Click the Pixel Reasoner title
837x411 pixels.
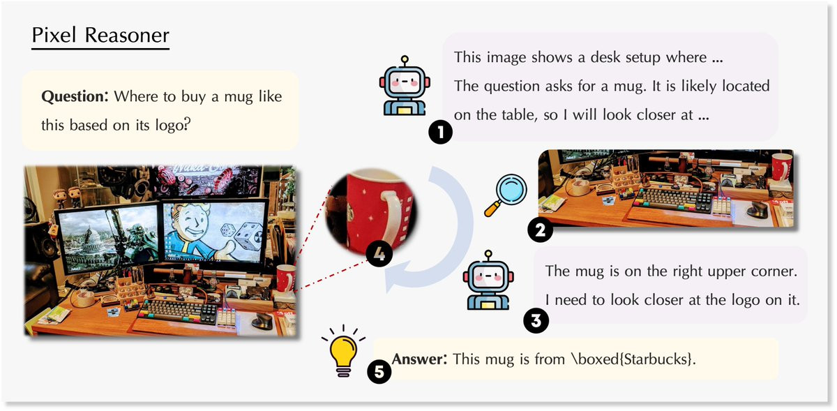pyautogui.click(x=100, y=35)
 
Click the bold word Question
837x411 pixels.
pyautogui.click(x=75, y=96)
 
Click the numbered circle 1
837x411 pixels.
pyautogui.click(x=441, y=132)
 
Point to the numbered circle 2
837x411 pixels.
pyautogui.click(x=540, y=230)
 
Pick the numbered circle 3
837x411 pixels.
pyautogui.click(x=536, y=320)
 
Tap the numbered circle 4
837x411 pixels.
pyautogui.click(x=379, y=254)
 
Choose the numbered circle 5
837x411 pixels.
pyautogui.click(x=379, y=371)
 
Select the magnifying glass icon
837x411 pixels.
pyautogui.click(x=506, y=195)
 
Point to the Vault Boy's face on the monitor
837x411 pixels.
pyautogui.click(x=193, y=223)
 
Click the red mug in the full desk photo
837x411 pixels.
pyautogui.click(x=286, y=278)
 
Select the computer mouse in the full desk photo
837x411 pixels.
pyautogui.click(x=263, y=321)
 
